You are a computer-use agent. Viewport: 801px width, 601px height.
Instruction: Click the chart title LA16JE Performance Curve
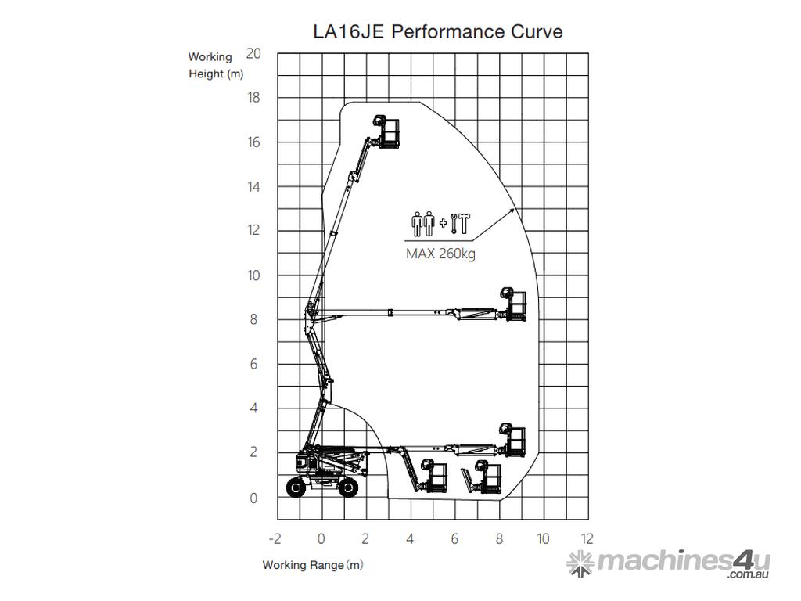[x=438, y=31]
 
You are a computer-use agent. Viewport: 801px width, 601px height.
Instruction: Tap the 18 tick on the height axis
[x=253, y=97]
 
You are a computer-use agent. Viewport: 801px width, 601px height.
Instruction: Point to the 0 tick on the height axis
[x=253, y=498]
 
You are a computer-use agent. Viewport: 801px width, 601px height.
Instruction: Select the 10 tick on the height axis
[x=253, y=275]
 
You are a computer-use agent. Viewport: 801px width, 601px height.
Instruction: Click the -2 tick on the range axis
[x=275, y=538]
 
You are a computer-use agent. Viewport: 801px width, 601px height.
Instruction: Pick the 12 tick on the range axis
[x=587, y=538]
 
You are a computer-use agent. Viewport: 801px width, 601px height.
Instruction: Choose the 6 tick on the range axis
[x=454, y=538]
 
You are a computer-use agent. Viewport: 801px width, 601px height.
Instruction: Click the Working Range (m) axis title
[x=313, y=565]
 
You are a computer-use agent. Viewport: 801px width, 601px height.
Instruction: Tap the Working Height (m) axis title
[x=216, y=65]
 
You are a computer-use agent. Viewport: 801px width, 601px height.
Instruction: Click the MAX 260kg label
[x=440, y=254]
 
